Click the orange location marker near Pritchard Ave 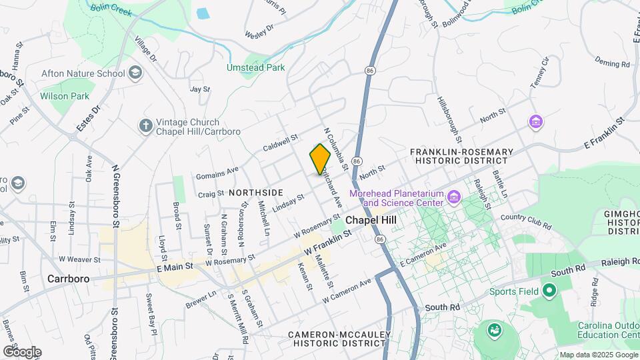point(320,159)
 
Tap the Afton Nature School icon point(135,73)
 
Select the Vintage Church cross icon point(145,126)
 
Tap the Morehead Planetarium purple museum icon point(454,197)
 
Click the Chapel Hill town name point(371,220)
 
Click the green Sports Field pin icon point(549,291)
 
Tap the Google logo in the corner point(21,351)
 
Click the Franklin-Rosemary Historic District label point(462,156)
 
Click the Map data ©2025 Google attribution point(597,355)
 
